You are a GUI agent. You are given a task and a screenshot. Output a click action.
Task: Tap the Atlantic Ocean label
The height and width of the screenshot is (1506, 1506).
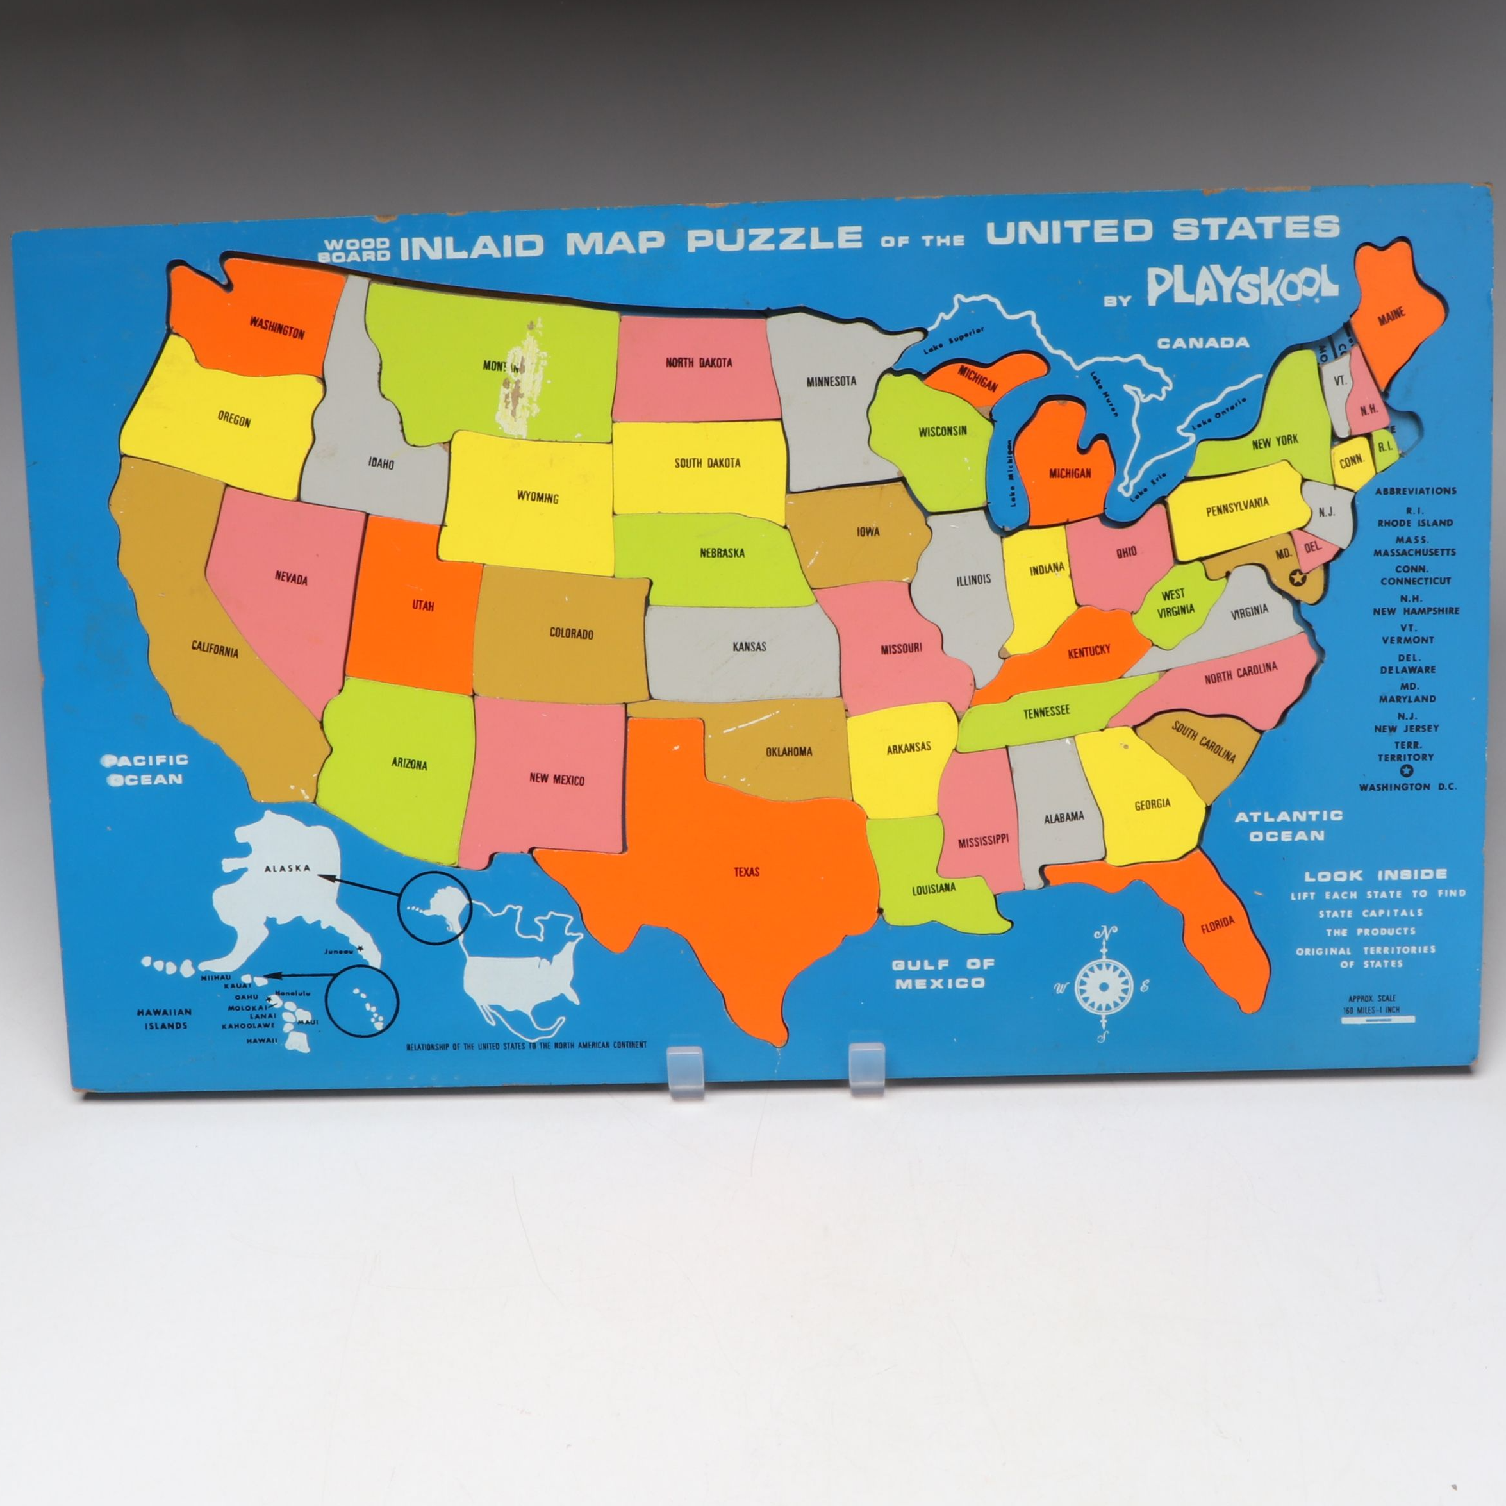[x=1287, y=825]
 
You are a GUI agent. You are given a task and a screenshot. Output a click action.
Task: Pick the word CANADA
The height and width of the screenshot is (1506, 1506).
[x=1203, y=342]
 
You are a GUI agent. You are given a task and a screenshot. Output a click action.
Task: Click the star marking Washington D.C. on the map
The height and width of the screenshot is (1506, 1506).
[x=1297, y=577]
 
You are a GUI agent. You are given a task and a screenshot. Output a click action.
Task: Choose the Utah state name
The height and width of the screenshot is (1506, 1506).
[x=422, y=606]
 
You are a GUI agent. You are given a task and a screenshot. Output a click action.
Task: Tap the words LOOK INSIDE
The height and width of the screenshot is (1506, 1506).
[x=1376, y=875]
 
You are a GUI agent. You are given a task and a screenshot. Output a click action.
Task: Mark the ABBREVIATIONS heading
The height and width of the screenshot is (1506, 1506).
[x=1416, y=491]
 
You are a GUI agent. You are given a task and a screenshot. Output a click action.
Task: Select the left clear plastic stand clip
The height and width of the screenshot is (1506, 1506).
[x=685, y=1071]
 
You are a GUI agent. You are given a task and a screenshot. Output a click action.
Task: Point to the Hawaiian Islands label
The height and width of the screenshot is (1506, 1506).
[x=165, y=1019]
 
